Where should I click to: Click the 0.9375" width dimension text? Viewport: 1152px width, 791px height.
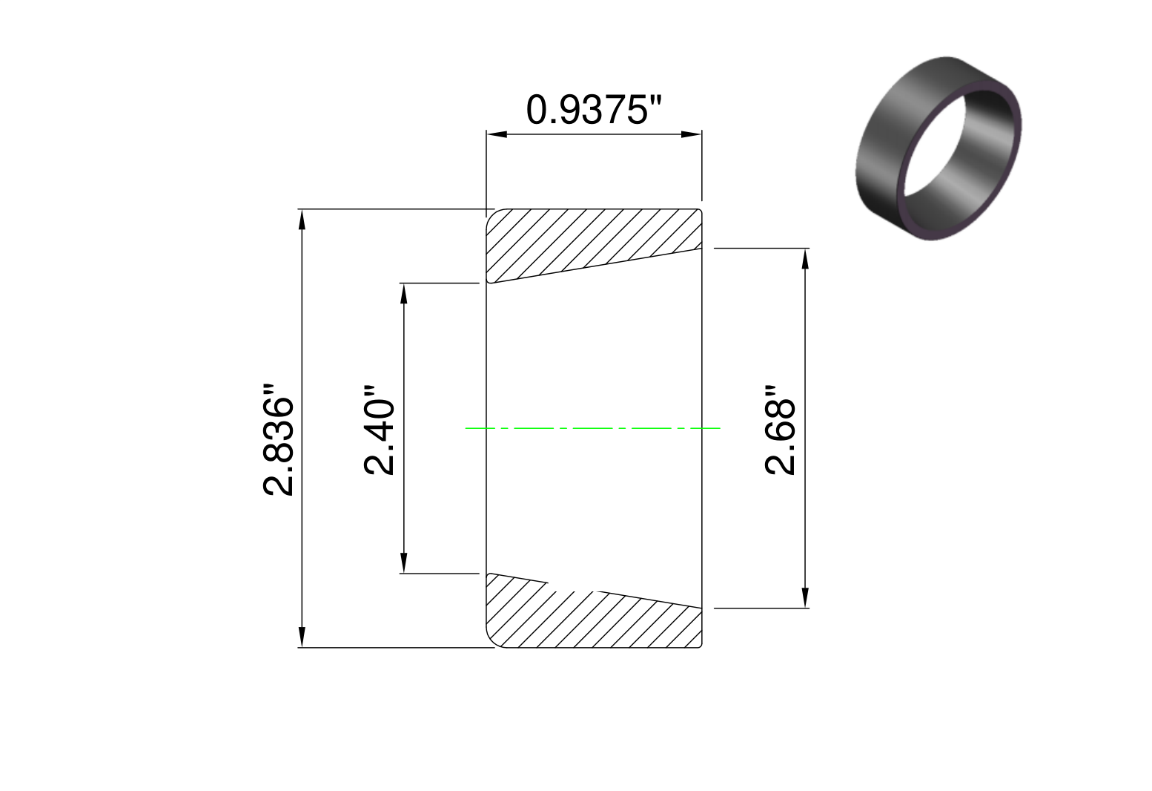coord(592,111)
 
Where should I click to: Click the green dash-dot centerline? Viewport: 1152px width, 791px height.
coord(593,428)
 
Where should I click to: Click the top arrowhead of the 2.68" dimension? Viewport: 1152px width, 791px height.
coord(805,259)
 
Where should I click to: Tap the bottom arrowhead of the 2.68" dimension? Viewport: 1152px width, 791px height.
coord(805,597)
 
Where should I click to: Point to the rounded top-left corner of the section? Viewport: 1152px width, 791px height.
coord(491,215)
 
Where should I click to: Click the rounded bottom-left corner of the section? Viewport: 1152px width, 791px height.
coord(491,642)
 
